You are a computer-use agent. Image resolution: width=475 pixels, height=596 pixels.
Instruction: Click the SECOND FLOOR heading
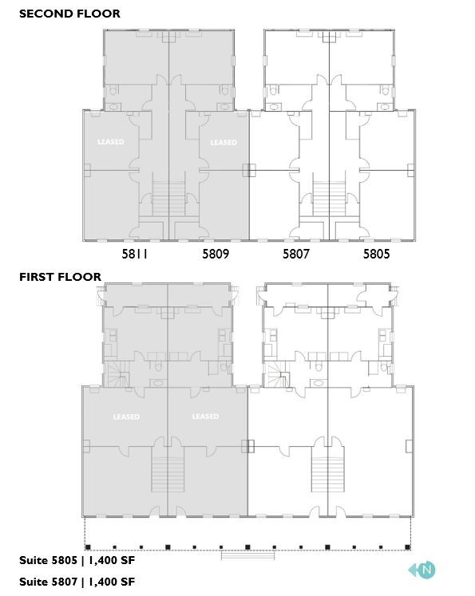(x=69, y=14)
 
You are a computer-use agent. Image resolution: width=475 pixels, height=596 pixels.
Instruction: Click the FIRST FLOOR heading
(x=61, y=277)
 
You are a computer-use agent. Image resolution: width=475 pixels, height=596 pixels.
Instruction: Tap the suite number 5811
(x=136, y=255)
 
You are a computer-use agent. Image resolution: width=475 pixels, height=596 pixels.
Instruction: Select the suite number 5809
(x=216, y=255)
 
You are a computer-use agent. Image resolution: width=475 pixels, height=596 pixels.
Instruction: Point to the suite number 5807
(x=296, y=255)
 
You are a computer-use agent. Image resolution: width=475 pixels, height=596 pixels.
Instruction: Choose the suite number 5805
(x=377, y=255)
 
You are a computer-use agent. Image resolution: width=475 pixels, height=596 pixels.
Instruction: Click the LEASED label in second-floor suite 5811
(x=111, y=142)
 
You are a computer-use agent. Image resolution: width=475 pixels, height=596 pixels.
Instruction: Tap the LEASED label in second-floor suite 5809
(x=224, y=142)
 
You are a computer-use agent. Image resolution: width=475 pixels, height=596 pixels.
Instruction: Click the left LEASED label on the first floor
(x=126, y=416)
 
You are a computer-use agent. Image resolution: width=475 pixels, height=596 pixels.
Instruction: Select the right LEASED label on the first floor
(x=205, y=416)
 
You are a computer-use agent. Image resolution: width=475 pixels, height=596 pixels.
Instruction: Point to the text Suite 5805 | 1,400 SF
(x=77, y=561)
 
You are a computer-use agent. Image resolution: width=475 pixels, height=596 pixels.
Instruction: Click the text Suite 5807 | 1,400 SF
(x=77, y=582)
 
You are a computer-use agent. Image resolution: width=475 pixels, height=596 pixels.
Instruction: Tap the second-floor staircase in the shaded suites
(x=168, y=199)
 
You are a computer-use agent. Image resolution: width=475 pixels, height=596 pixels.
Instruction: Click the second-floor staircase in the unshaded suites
(x=328, y=199)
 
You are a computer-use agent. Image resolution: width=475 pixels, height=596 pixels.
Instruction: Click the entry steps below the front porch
(x=247, y=556)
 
